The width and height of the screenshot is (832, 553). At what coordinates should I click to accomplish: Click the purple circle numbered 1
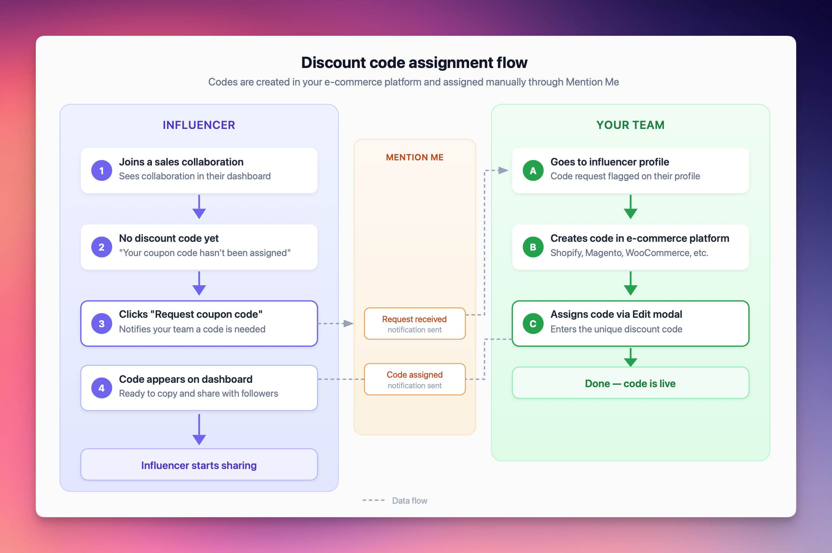(x=102, y=171)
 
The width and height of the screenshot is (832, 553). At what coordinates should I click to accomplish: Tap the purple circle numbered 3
(x=102, y=324)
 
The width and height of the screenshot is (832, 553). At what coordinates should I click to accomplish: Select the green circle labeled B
(x=533, y=247)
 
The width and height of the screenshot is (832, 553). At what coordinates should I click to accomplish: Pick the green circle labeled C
(x=533, y=324)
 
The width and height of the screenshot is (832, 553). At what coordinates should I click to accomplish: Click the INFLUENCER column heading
(x=199, y=125)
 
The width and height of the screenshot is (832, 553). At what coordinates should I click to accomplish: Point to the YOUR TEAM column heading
(x=630, y=125)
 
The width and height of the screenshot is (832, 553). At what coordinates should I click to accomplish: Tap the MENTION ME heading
(x=415, y=157)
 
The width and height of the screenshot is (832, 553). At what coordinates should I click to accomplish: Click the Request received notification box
(x=415, y=324)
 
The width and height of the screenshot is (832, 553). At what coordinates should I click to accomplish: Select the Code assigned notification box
(x=415, y=379)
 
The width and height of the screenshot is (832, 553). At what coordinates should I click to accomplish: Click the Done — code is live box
(x=630, y=383)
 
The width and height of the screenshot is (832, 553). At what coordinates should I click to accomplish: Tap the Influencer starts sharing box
(x=199, y=465)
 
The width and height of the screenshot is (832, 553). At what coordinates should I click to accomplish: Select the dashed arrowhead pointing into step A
(x=503, y=170)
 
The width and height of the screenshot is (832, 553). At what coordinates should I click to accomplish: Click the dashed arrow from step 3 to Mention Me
(x=335, y=324)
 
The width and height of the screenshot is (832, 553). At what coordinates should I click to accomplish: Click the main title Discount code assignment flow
(x=414, y=62)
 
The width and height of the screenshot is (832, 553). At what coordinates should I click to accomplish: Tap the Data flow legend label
(x=409, y=500)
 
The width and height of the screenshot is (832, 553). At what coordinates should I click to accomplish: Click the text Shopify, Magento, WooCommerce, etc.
(x=629, y=253)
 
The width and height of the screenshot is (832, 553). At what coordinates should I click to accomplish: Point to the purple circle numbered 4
(x=102, y=388)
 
